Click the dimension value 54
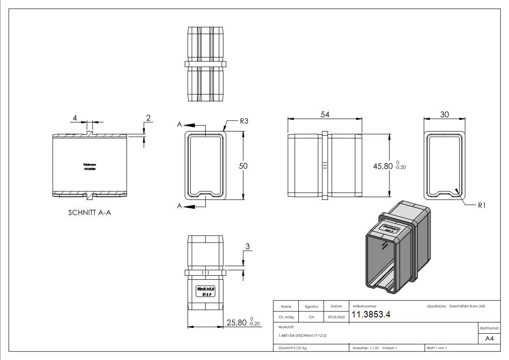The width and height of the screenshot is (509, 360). tap(325, 115)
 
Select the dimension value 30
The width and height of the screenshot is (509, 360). tap(444, 115)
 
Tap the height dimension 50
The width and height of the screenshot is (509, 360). tap(243, 166)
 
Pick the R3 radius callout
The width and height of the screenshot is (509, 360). tap(245, 122)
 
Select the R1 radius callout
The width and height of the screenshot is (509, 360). tap(481, 205)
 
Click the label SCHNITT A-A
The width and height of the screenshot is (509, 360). tap(89, 213)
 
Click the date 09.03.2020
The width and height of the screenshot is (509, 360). tap(336, 317)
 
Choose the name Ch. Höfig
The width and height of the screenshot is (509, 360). tap(286, 317)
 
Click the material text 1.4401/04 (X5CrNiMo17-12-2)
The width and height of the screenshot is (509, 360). tap(302, 336)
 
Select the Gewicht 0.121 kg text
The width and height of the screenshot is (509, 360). tap(292, 348)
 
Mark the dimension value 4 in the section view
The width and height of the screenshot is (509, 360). tap(74, 118)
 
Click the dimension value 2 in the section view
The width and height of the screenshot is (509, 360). tap(148, 118)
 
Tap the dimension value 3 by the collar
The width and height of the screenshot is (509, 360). tap(247, 246)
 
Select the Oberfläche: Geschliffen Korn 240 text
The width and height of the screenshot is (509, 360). tap(456, 306)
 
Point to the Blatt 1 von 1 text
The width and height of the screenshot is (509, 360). tap(437, 348)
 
